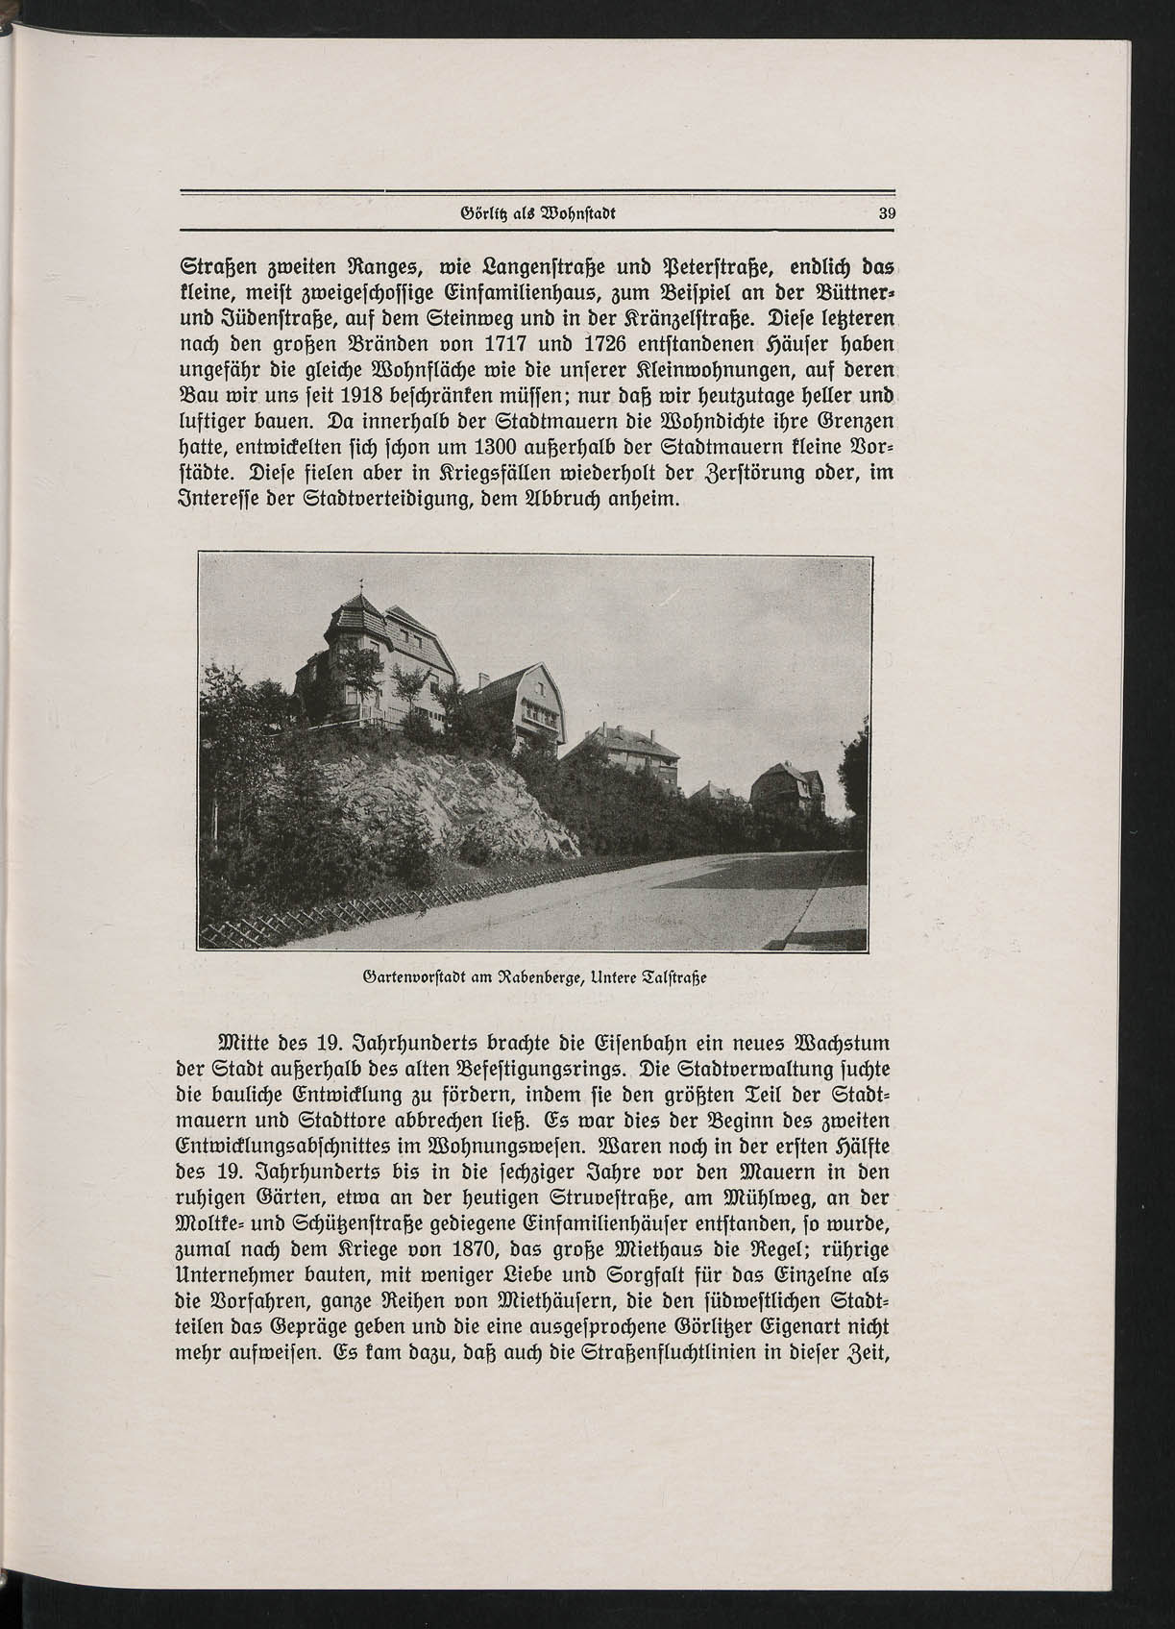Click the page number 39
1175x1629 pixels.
pyautogui.click(x=886, y=214)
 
